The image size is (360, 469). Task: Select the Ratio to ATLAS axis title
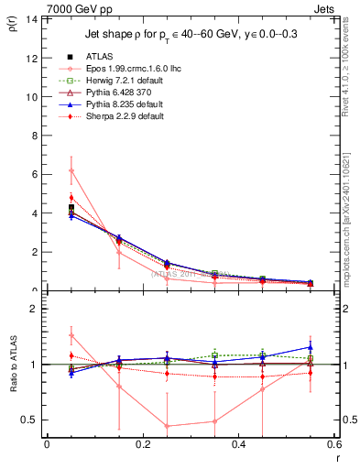tap(13, 366)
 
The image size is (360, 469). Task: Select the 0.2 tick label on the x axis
tap(142, 446)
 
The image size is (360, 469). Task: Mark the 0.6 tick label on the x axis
tap(334, 446)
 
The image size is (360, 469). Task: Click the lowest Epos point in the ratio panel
tap(167, 426)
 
